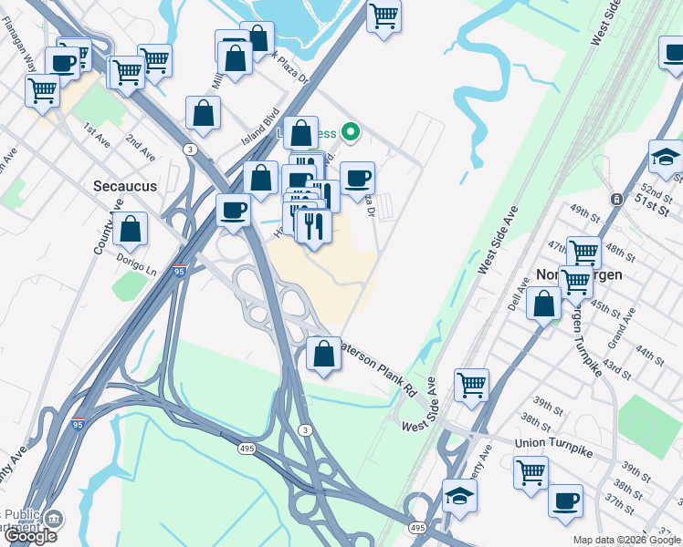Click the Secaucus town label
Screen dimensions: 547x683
coord(125,186)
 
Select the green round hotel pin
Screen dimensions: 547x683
coord(349,132)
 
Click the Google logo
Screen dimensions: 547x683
coord(30,536)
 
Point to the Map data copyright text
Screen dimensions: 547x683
coord(626,540)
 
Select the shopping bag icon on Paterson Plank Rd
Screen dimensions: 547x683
coord(323,354)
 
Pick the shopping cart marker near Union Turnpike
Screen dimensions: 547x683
coord(531,473)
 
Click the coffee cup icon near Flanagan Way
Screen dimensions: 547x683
coord(63,63)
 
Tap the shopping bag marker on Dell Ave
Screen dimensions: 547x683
coord(544,304)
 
